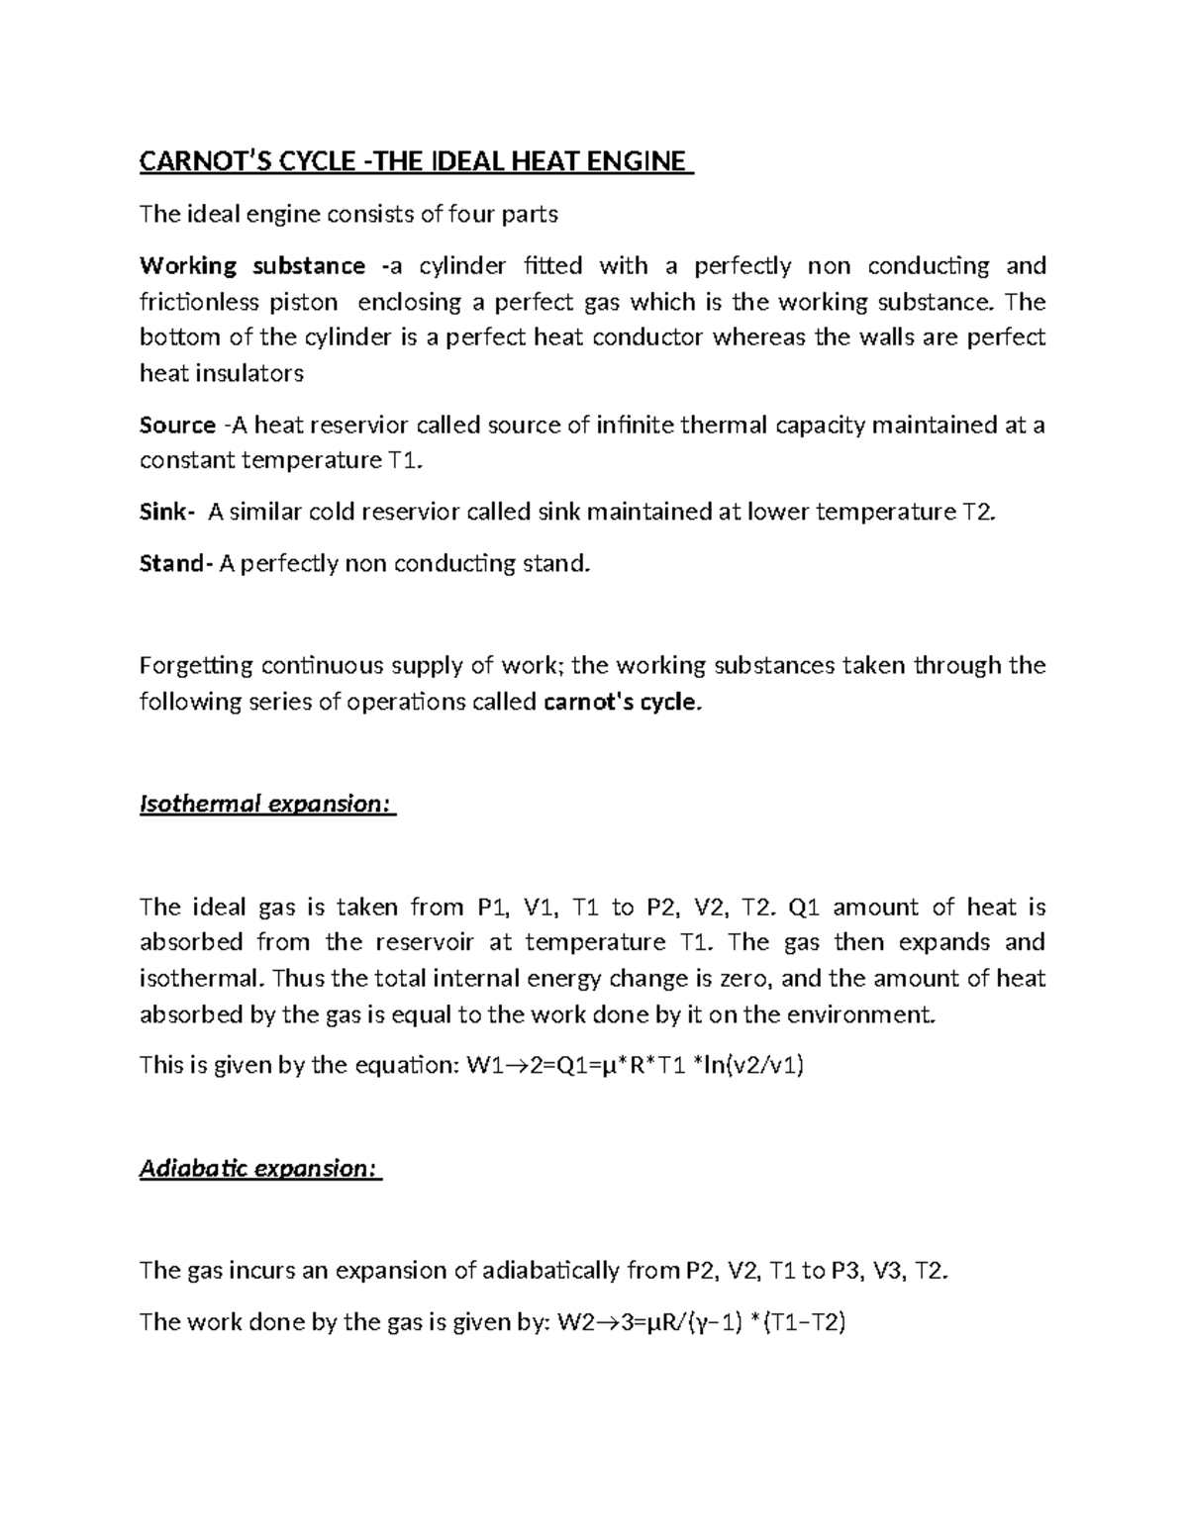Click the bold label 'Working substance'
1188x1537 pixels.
(x=252, y=266)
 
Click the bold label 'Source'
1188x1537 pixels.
(x=177, y=426)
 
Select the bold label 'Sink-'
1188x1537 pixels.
(x=166, y=513)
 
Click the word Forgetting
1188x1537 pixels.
(x=196, y=666)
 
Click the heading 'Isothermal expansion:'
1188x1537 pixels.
(x=266, y=804)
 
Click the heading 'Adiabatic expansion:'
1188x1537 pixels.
(x=259, y=1169)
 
